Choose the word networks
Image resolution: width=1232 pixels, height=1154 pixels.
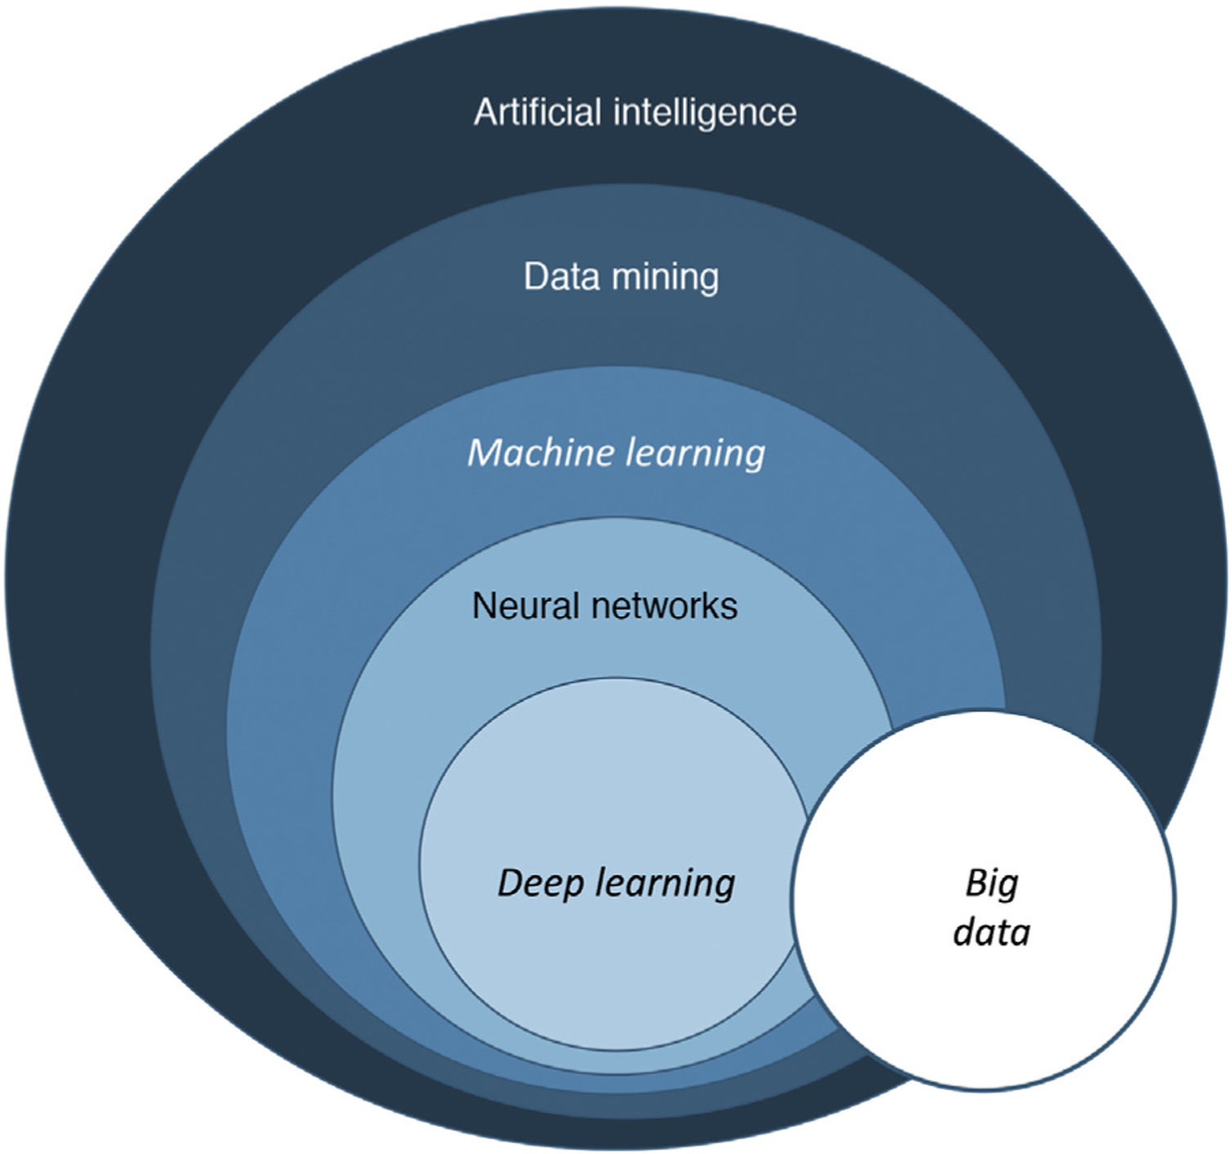663,606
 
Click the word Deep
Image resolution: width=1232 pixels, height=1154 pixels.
539,884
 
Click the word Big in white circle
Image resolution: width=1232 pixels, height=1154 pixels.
992,884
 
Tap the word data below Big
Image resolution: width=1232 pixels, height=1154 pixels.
992,932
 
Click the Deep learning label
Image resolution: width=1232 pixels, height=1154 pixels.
616,884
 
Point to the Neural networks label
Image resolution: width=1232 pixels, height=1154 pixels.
605,606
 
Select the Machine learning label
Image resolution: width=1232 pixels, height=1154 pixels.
616,452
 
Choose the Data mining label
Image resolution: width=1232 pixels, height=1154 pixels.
621,277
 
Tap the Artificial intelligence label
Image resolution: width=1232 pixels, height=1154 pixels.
635,113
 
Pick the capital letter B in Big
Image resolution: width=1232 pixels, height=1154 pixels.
975,883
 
